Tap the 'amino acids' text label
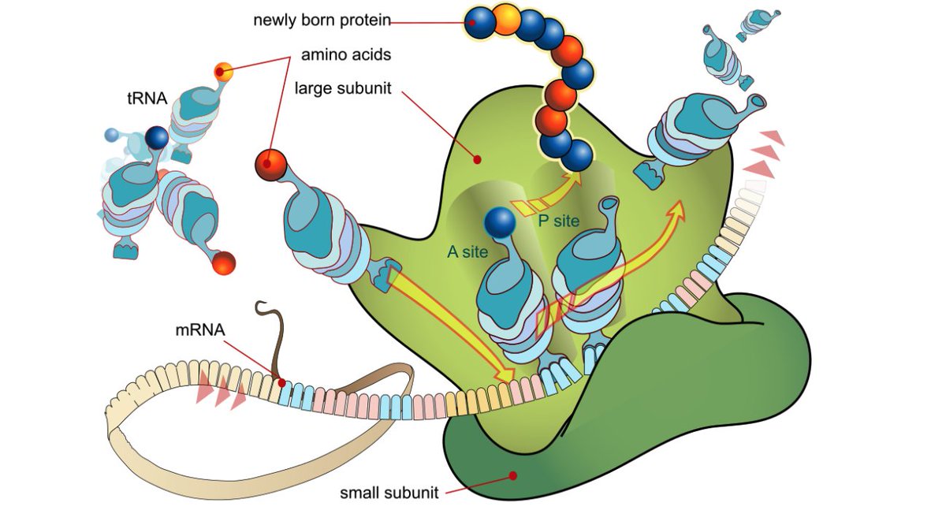click(x=346, y=57)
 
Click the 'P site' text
click(x=558, y=221)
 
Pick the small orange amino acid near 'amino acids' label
click(x=224, y=73)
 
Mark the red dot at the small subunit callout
click(x=513, y=475)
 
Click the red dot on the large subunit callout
click(x=477, y=160)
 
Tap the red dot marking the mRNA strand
click(x=281, y=382)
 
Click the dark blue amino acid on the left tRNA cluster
click(x=157, y=140)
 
